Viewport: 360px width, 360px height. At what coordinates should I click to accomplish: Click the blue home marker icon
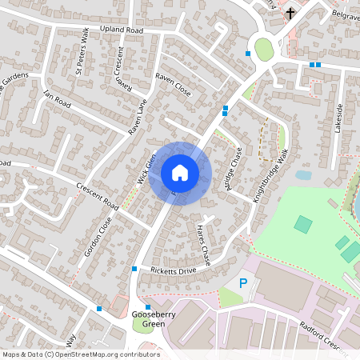click(180, 173)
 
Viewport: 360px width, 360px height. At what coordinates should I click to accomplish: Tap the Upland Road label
click(122, 30)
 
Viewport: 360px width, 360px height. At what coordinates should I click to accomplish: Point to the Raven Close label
click(173, 85)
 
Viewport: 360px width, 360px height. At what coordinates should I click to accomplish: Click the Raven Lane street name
click(138, 115)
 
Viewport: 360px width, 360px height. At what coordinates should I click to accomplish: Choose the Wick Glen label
click(143, 169)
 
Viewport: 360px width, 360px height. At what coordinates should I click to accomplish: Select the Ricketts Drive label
click(167, 271)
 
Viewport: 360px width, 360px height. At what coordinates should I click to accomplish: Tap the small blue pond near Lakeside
click(303, 174)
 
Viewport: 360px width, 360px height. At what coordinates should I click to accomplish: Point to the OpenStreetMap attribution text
click(80, 354)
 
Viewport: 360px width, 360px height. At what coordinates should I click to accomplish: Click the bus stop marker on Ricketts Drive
click(134, 269)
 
